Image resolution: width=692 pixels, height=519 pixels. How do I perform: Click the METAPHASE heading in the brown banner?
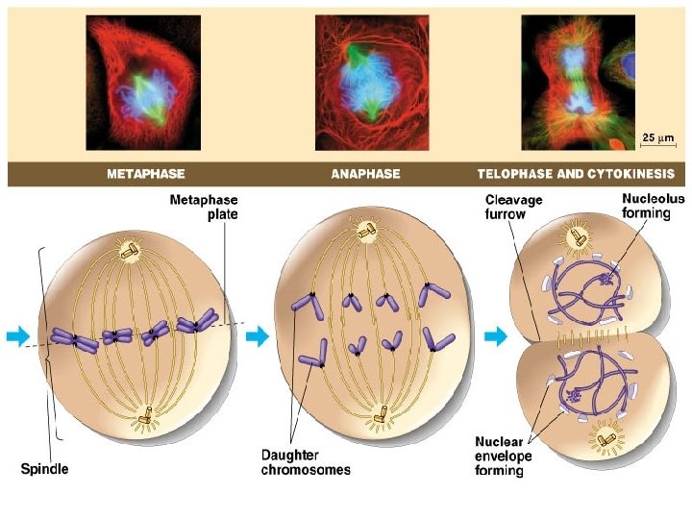[x=146, y=175]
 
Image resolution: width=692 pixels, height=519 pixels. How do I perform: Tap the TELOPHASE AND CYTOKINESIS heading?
[x=576, y=175]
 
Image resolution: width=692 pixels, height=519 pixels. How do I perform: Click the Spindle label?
[x=45, y=470]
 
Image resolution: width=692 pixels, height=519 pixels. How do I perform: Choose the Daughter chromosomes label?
[x=306, y=462]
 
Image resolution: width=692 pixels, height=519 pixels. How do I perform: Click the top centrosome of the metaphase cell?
[x=129, y=252]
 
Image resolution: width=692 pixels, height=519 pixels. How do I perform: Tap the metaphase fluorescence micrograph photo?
[x=142, y=82]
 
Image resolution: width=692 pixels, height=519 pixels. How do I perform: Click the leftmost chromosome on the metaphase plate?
[x=71, y=337]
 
